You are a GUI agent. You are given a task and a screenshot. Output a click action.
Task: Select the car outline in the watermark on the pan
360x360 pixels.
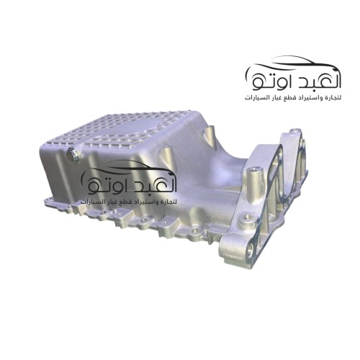pyautogui.click(x=130, y=167)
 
